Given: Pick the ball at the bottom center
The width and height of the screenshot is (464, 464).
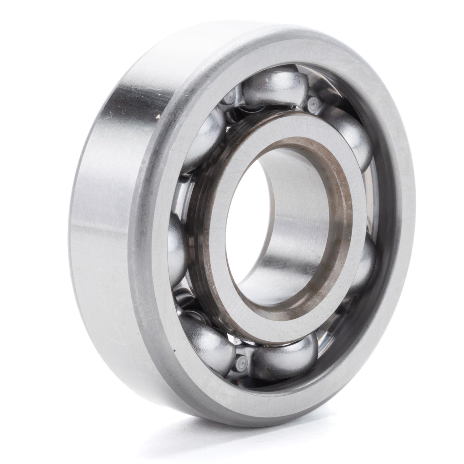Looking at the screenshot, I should pos(283,353).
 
